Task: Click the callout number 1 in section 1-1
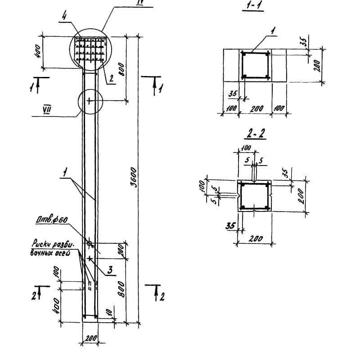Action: point(273,31)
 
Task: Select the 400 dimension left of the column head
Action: point(38,52)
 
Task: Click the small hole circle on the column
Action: point(89,243)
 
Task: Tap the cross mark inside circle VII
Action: point(89,101)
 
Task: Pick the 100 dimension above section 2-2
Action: point(246,147)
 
